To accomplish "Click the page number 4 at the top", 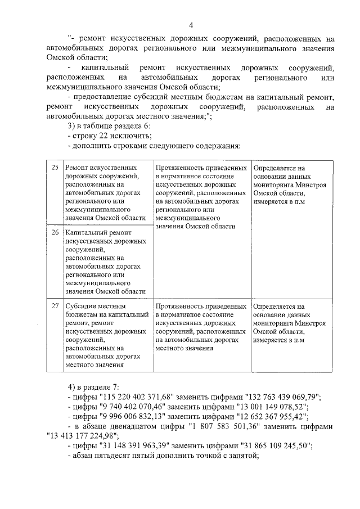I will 191,25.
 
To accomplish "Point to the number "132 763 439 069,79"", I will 281,397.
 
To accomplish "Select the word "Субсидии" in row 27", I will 80,307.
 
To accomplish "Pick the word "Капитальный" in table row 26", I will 86,232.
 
